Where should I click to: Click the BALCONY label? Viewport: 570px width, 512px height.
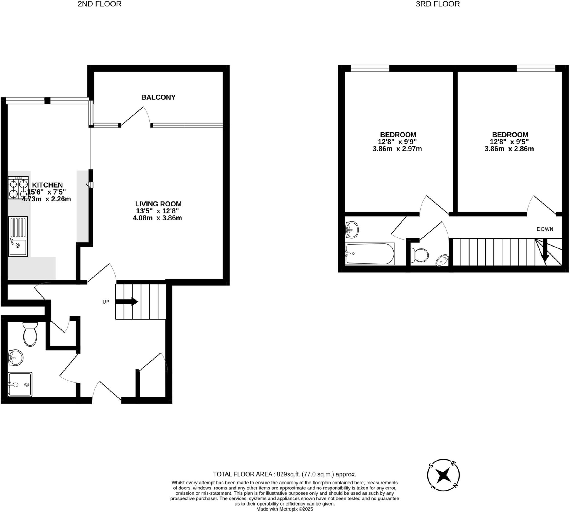click(158, 97)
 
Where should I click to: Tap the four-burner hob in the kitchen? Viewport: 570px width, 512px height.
click(18, 188)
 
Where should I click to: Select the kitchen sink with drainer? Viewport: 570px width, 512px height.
click(18, 236)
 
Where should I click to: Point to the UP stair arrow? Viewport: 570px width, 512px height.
click(127, 302)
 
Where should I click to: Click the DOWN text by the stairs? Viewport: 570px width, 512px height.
click(545, 229)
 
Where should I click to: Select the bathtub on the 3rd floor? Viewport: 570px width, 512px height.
click(370, 254)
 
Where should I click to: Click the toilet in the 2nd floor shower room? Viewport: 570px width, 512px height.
click(30, 334)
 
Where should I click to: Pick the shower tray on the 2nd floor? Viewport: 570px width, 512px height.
click(20, 384)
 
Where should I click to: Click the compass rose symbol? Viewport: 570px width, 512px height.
click(443, 475)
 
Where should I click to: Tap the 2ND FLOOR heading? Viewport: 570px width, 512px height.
click(99, 4)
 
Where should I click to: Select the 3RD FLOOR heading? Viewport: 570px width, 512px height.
click(438, 4)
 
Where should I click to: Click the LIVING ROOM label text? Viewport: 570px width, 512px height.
click(158, 204)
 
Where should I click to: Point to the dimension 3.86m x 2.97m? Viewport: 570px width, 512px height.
click(397, 149)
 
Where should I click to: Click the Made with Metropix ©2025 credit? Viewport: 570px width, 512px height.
click(284, 509)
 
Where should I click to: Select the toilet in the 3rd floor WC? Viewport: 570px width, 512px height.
click(419, 255)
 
